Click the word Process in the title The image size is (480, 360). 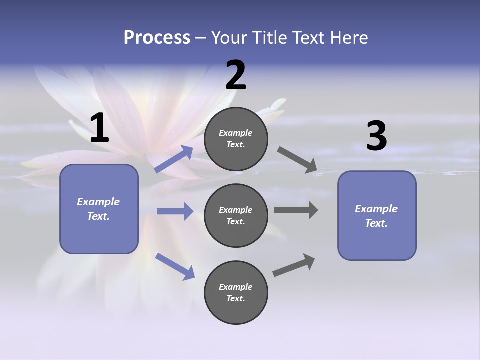pyautogui.click(x=157, y=38)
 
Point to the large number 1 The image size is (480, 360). pyautogui.click(x=99, y=128)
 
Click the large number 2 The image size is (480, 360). pyautogui.click(x=236, y=75)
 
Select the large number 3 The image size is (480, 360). pyautogui.click(x=376, y=136)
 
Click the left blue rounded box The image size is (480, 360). pyautogui.click(x=99, y=209)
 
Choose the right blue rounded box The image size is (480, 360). pyautogui.click(x=377, y=216)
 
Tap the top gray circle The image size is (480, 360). pyautogui.click(x=236, y=139)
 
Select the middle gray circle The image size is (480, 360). pyautogui.click(x=236, y=216)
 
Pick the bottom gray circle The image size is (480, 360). pyautogui.click(x=236, y=293)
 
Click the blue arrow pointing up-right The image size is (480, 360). pyautogui.click(x=174, y=159)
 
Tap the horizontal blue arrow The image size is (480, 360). pyautogui.click(x=175, y=211)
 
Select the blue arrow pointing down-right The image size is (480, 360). pyautogui.click(x=175, y=266)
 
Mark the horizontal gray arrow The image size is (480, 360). pyautogui.click(x=296, y=210)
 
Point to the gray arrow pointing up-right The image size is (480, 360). pyautogui.click(x=294, y=265)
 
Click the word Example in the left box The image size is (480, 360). pyautogui.click(x=98, y=202)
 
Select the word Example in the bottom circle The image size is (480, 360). pyautogui.click(x=235, y=287)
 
